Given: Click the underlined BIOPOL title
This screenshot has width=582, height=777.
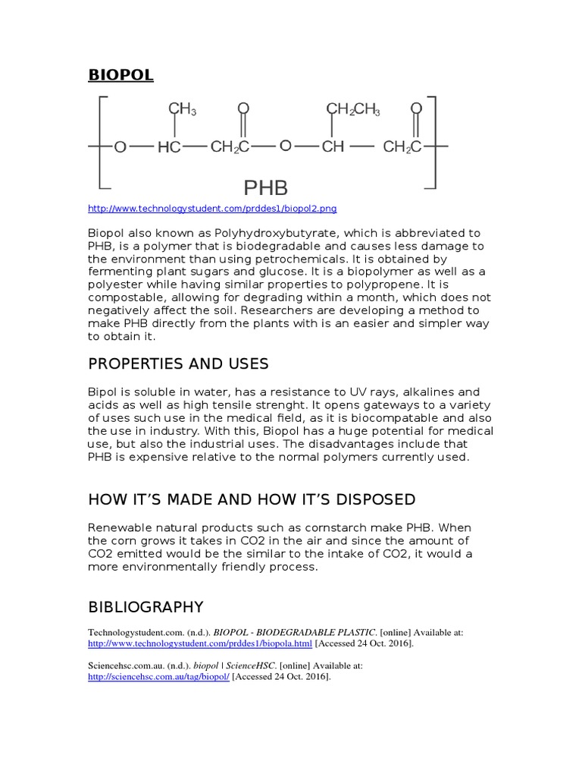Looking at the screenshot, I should point(120,74).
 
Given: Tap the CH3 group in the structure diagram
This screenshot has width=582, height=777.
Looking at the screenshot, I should point(182,109).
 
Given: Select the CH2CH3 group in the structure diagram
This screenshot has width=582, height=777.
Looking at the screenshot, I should point(353,109).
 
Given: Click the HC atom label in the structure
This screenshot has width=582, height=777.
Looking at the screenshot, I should point(169,147).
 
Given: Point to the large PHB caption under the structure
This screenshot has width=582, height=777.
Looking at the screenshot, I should point(265,187).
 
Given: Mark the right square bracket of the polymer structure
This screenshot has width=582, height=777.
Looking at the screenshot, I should point(432,142).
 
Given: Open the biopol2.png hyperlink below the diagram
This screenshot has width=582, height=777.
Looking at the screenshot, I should point(212,209).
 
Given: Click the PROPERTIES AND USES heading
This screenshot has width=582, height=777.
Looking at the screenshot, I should point(178,364).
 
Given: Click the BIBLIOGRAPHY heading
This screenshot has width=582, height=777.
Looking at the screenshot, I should point(145,607).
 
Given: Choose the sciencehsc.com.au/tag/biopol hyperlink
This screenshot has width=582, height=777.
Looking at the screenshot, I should point(158,677).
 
